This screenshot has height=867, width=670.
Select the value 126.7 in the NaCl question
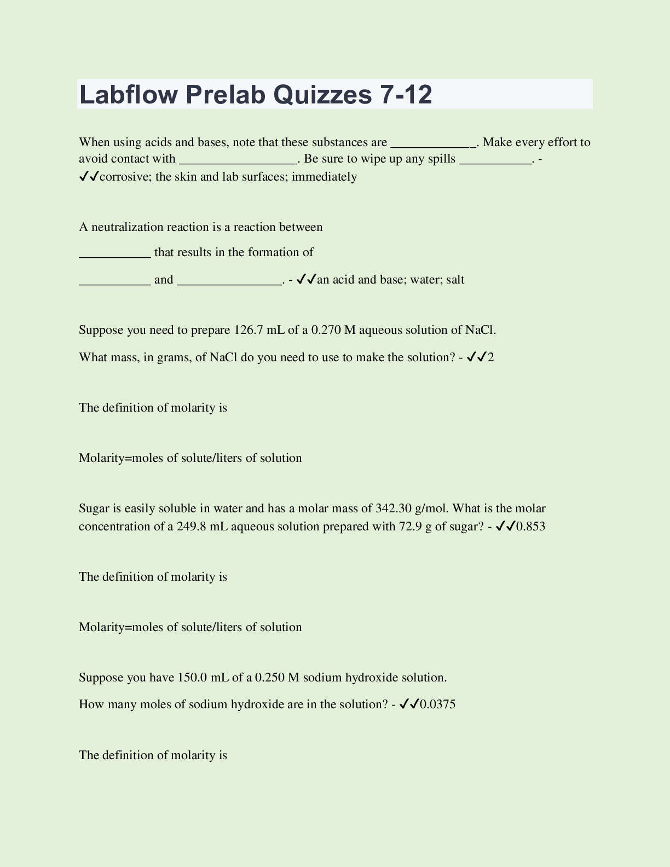(249, 330)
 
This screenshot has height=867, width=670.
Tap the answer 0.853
(531, 527)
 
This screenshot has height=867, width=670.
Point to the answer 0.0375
(438, 704)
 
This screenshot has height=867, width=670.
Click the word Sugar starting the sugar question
(94, 508)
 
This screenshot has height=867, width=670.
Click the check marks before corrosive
(89, 176)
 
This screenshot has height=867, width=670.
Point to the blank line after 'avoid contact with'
(238, 162)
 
